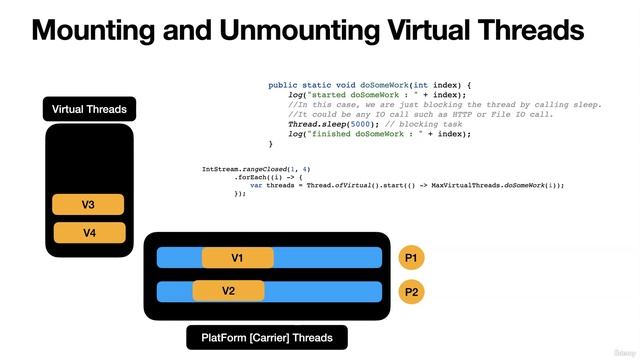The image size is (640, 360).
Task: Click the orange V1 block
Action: click(x=237, y=258)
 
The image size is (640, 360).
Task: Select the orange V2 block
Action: click(x=228, y=291)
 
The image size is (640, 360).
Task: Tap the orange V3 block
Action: click(x=88, y=205)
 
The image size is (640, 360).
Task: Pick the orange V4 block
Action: click(x=89, y=233)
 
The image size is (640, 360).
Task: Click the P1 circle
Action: click(x=412, y=258)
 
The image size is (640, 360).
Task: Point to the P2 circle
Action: click(x=412, y=292)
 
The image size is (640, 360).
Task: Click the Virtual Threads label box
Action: click(x=89, y=109)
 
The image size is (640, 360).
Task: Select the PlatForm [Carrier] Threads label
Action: click(x=267, y=338)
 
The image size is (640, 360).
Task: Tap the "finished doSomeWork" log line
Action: click(x=379, y=134)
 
